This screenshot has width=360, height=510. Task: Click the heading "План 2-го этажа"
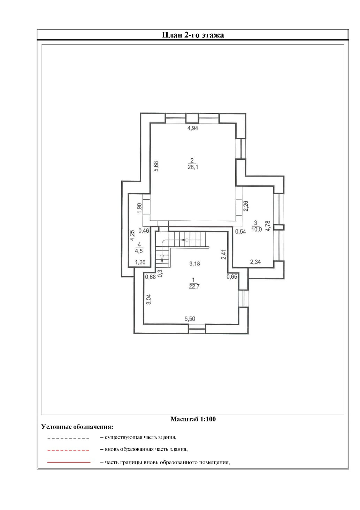[193, 35]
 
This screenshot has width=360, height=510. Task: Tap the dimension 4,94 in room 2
[193, 128]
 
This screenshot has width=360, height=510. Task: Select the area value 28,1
[193, 167]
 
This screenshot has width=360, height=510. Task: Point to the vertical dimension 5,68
[156, 166]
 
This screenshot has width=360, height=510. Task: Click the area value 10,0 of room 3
[256, 230]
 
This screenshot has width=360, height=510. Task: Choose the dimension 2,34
[255, 262]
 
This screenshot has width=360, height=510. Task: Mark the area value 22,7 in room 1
[194, 286]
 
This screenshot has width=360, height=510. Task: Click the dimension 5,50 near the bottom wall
[190, 319]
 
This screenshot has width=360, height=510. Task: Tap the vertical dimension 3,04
[149, 299]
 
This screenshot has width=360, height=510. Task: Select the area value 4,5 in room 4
[139, 251]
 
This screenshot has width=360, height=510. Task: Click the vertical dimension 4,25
[132, 235]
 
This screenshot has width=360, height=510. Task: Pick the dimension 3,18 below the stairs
[194, 264]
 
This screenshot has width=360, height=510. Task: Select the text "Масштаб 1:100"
[193, 419]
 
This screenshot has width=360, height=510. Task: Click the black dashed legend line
[68, 438]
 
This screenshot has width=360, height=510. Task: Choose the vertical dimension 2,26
[246, 206]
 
